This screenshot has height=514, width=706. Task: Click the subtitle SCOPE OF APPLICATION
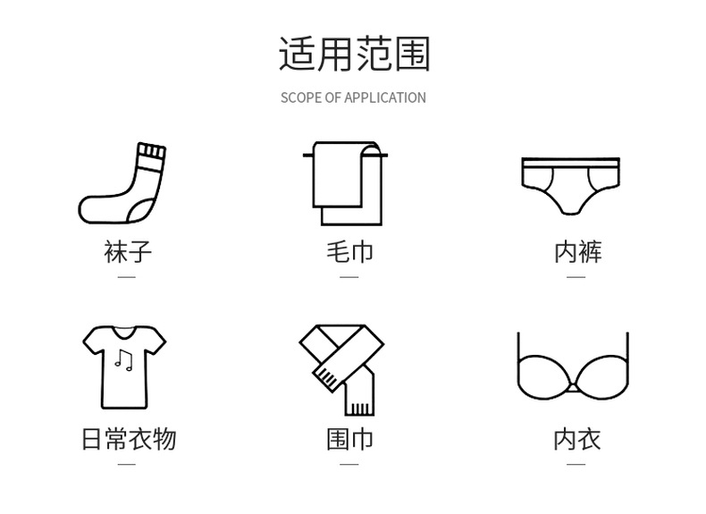353,97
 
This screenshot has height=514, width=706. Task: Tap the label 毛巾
349,251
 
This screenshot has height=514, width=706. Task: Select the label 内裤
577,251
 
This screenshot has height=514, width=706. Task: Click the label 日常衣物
128,439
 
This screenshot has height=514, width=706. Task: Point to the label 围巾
349,439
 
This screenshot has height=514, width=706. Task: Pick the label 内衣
577,439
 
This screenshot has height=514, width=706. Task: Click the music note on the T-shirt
123,360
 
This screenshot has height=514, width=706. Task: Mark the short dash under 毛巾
349,276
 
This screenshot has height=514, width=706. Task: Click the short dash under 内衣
577,464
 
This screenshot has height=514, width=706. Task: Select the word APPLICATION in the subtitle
385,97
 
